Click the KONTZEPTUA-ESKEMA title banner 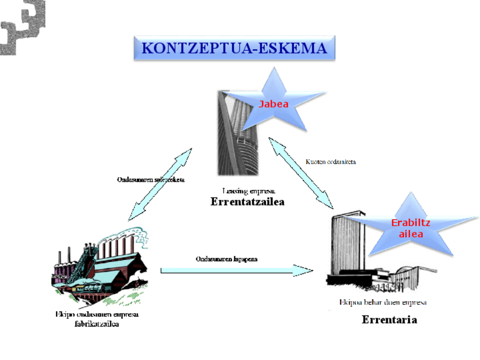pos(234,48)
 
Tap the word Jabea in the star pos(273,104)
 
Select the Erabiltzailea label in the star pos(410,228)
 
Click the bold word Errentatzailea pos(247,202)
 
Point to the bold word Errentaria pos(389,320)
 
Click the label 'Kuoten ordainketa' pos(331,161)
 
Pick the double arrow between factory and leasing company pos(160,184)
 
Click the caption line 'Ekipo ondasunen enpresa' pos(97,314)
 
